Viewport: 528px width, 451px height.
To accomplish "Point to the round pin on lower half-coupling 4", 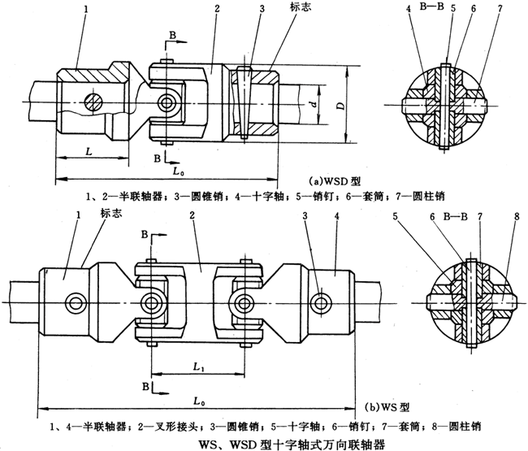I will (x=325, y=302).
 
